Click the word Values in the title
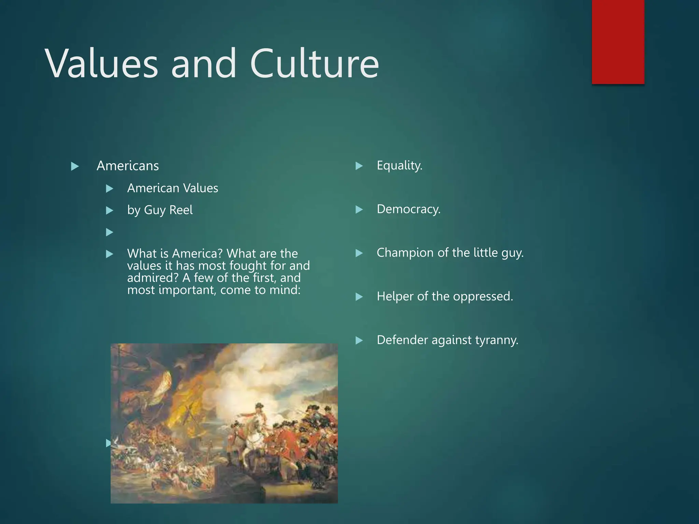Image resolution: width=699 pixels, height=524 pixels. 101,64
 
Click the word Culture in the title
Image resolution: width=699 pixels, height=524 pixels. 314,64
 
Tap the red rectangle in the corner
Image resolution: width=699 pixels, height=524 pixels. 618,42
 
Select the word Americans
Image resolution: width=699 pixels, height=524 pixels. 128,166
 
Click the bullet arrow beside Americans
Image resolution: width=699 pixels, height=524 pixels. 75,166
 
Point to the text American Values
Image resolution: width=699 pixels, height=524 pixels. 172,188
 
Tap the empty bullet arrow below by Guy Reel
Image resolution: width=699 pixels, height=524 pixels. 110,232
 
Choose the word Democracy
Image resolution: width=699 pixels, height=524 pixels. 409,209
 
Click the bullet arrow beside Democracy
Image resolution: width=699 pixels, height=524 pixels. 359,209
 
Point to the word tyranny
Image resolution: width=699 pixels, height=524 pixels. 500,340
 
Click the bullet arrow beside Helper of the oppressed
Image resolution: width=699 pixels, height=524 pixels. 359,297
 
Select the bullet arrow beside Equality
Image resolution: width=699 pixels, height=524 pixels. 359,166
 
